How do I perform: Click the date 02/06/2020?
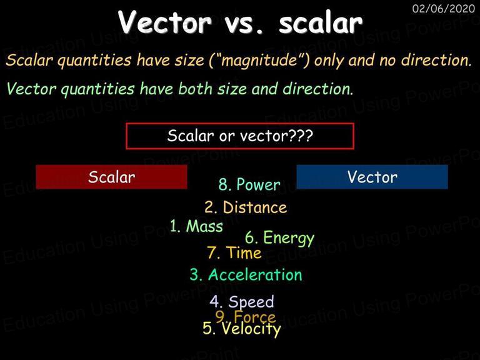point(444,8)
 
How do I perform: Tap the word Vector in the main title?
point(165,22)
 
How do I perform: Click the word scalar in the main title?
point(321,22)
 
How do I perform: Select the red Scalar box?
point(111,177)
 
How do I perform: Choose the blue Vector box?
point(372,177)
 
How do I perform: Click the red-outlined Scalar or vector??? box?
point(240,136)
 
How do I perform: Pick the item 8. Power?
point(249,184)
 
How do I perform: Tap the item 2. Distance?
point(246,207)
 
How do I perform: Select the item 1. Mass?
point(196,226)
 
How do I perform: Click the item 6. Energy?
point(279,238)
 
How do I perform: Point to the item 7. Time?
point(234,253)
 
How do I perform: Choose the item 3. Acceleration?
point(246,274)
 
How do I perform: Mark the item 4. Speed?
point(241,302)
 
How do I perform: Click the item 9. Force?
point(245,316)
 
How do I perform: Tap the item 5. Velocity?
point(241,329)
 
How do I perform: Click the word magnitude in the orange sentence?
point(259,60)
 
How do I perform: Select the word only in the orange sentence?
point(329,60)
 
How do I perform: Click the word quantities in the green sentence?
point(97,89)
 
